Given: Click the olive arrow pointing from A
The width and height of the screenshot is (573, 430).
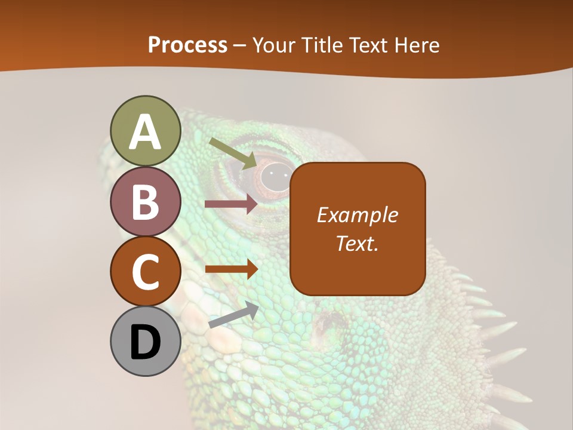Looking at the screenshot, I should [233, 152].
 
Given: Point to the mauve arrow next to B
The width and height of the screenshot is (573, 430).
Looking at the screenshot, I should [231, 204].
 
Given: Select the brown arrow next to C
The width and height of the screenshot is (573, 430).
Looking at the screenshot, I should [232, 269].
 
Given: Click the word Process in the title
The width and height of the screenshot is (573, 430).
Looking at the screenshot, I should [187, 45].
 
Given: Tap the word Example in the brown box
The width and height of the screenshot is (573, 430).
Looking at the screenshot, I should [357, 215].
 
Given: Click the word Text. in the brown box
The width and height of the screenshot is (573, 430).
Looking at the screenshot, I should [357, 243].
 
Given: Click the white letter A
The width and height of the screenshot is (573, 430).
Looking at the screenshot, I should [145, 132].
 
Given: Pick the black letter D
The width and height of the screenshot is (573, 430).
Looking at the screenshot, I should [145, 342].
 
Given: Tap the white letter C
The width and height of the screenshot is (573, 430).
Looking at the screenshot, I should [145, 272].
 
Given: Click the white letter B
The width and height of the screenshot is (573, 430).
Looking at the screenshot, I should [145, 202].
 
